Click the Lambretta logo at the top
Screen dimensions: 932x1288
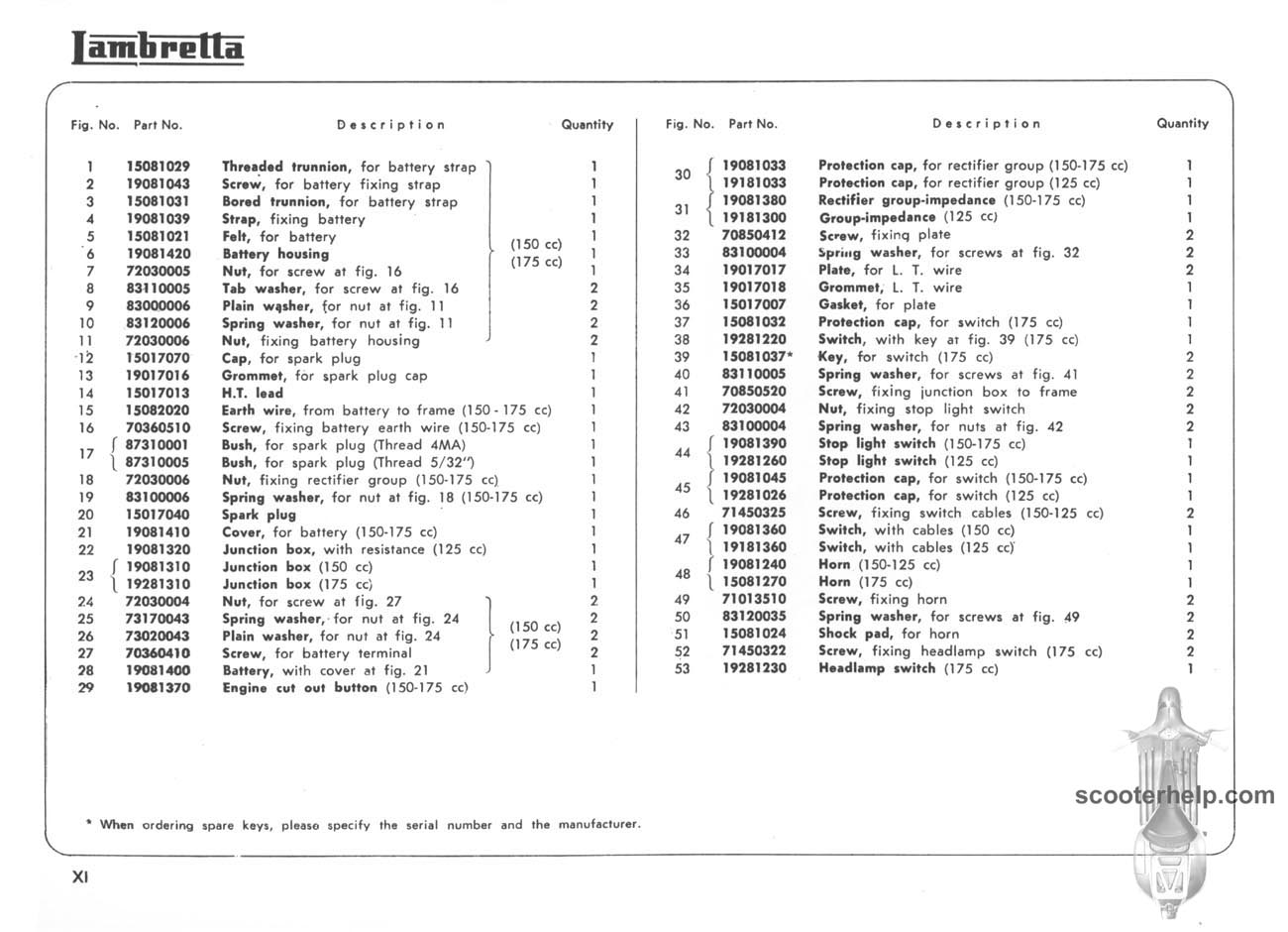pyautogui.click(x=158, y=48)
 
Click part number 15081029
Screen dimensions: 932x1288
pyautogui.click(x=159, y=167)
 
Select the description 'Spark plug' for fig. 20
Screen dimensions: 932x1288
pyautogui.click(x=259, y=515)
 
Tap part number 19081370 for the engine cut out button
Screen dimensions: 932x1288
pyautogui.click(x=159, y=688)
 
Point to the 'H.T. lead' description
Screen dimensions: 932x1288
pyautogui.click(x=253, y=393)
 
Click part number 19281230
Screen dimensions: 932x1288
pyautogui.click(x=754, y=669)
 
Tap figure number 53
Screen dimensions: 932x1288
pyautogui.click(x=681, y=669)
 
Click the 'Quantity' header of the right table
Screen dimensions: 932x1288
pyautogui.click(x=1182, y=124)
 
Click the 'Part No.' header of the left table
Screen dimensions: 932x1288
pyautogui.click(x=159, y=125)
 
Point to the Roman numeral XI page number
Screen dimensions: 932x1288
pyautogui.click(x=80, y=877)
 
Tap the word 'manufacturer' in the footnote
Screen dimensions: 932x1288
pyautogui.click(x=598, y=825)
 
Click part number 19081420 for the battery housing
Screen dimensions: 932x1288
pyautogui.click(x=159, y=254)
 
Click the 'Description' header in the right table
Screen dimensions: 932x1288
pyautogui.click(x=986, y=124)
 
